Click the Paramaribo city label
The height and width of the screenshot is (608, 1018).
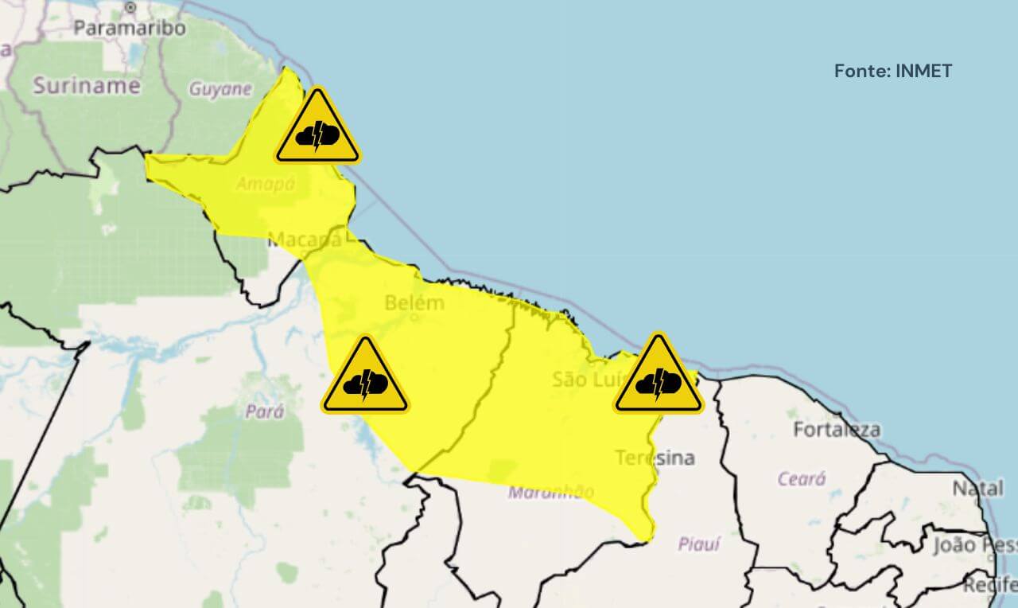[x=130, y=28]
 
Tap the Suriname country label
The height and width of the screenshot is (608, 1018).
[x=86, y=85]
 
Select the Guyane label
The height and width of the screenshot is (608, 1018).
[x=220, y=88]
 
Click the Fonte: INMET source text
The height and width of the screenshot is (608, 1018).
[x=892, y=71]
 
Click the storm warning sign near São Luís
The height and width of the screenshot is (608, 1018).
[x=659, y=376]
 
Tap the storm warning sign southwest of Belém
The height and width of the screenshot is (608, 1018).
[x=365, y=376]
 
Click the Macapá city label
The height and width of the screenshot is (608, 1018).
[x=305, y=239]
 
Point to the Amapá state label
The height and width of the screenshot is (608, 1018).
[x=266, y=184]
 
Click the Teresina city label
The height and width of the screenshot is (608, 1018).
[x=655, y=458]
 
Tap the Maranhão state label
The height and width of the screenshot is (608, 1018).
[x=550, y=492]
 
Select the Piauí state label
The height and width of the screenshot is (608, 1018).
[x=699, y=544]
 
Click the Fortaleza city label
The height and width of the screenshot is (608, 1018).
[x=837, y=430]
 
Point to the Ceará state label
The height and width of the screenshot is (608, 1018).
[x=802, y=479]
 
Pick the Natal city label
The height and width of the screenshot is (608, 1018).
[x=977, y=488]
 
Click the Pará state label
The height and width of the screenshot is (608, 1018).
[x=265, y=412]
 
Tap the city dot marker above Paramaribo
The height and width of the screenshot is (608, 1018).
[x=130, y=7]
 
